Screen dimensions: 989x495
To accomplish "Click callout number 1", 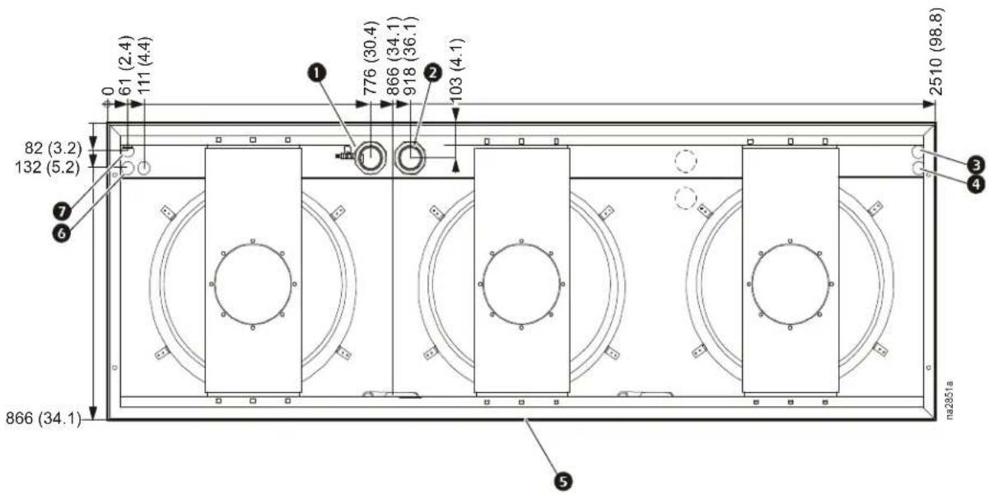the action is point(316,73).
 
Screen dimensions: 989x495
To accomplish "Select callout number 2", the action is point(432,72).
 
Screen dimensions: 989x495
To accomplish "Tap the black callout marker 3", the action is point(976,166).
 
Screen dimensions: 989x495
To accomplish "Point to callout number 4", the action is point(976,184).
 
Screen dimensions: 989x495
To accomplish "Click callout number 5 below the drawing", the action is point(563,481).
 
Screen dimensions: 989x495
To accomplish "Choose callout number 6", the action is point(62,233).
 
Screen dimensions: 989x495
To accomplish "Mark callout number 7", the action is point(62,212).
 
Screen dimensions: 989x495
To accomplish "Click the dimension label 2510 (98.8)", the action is point(936,52).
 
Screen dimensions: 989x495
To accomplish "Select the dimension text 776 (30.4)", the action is point(371,58).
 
